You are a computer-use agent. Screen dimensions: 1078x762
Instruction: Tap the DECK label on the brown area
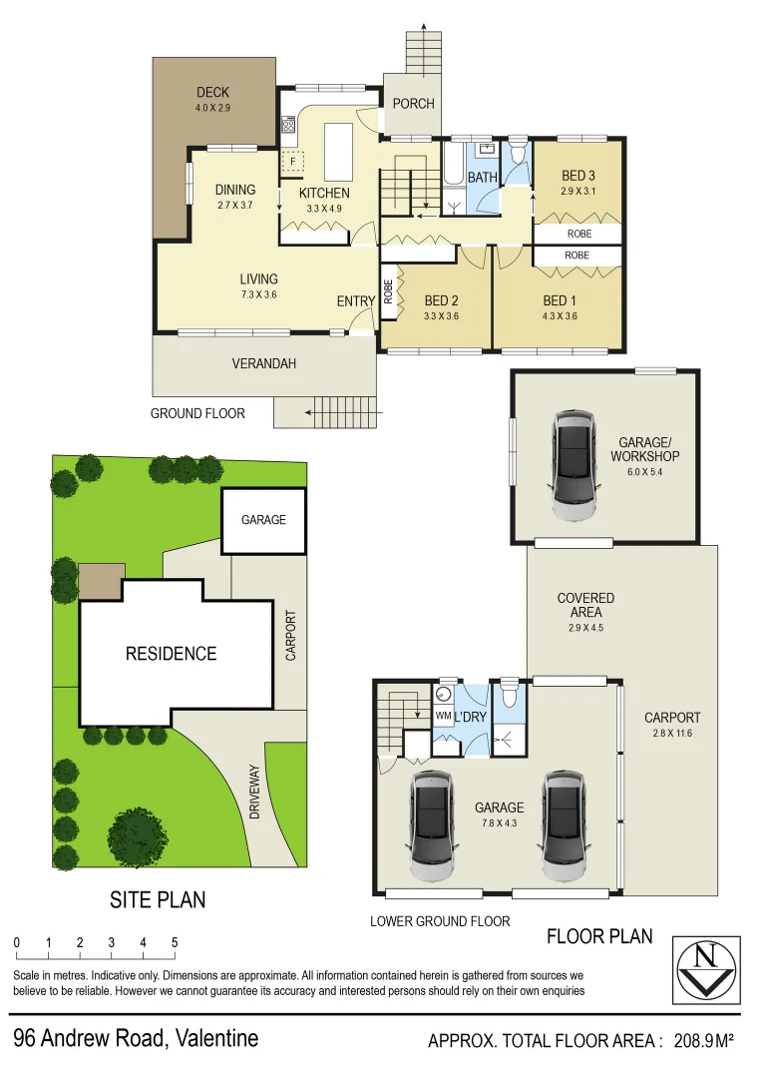tap(212, 93)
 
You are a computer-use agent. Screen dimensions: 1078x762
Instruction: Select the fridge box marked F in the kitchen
tap(294, 161)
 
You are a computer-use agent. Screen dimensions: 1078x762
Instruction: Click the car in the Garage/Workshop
tap(575, 466)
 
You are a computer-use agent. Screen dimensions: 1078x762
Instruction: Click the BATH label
tap(483, 178)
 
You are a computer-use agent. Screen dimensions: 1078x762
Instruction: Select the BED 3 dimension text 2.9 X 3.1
tap(577, 192)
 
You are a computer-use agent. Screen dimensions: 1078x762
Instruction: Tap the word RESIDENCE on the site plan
tap(171, 654)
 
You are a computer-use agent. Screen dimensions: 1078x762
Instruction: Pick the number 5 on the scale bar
tap(175, 942)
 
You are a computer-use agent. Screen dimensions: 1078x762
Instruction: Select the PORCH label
tap(413, 103)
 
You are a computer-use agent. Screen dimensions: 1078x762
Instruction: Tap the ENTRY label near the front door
tap(356, 301)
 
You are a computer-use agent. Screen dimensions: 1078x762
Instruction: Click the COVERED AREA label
tap(585, 605)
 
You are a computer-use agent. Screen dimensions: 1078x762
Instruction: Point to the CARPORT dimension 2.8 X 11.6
tap(671, 733)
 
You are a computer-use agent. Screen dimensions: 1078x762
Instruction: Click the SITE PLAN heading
tap(158, 899)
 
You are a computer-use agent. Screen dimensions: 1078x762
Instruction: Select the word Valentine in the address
tap(216, 1038)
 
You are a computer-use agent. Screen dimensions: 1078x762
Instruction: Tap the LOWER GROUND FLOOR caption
tap(440, 921)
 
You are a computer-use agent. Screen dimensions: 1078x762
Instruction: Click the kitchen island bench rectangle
tap(339, 149)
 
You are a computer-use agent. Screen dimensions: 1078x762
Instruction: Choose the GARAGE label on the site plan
tap(263, 520)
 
